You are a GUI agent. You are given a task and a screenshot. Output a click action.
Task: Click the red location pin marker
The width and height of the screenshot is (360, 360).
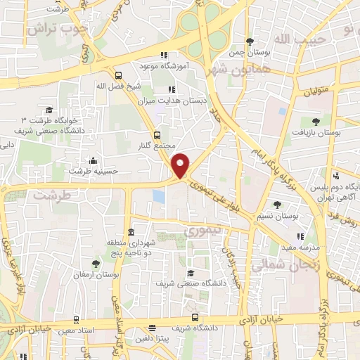click(181, 165)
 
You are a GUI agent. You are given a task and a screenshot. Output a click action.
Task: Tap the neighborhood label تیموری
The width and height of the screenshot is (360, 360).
click(202, 230)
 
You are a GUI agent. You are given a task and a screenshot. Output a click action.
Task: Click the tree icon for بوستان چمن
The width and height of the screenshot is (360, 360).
click(251, 41)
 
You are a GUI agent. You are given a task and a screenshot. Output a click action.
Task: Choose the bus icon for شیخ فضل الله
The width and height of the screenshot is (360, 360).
click(118, 74)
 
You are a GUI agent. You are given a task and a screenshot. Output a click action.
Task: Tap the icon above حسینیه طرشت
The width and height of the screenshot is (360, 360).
click(93, 160)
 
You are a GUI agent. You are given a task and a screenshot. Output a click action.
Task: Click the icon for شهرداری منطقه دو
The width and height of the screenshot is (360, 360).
click(131, 233)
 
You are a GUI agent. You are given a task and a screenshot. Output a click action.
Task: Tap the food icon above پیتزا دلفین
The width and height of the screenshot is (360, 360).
click(153, 328)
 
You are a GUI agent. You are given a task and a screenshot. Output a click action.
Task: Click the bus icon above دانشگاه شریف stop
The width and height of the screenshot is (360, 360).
click(195, 318)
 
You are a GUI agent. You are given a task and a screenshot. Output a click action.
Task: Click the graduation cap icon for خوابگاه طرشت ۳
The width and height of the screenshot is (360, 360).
click(49, 110)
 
